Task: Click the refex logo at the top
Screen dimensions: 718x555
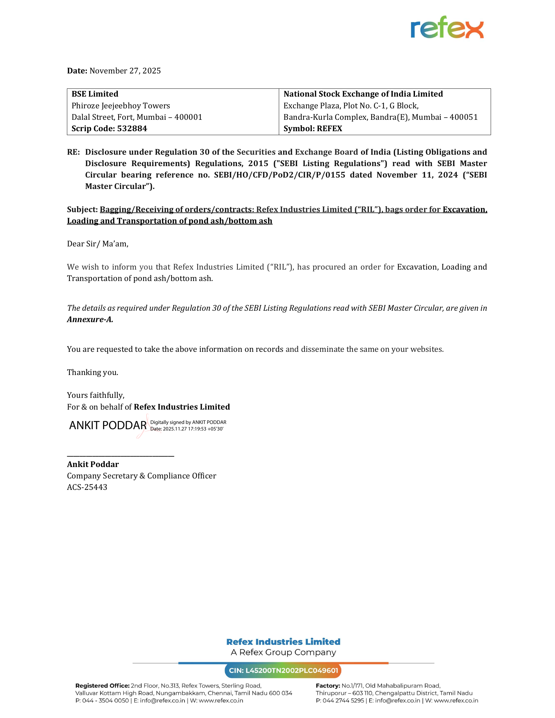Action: click(x=447, y=28)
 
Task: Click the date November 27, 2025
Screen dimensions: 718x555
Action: click(x=125, y=71)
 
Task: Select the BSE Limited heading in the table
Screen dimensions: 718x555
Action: click(x=95, y=94)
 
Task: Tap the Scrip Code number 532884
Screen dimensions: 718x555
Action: click(x=132, y=129)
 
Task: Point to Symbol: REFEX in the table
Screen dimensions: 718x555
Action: click(x=313, y=129)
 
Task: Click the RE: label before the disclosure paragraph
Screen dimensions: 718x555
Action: click(x=73, y=152)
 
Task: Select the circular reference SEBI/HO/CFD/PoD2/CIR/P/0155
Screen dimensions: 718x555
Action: click(x=279, y=175)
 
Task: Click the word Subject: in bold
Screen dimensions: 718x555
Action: click(x=82, y=210)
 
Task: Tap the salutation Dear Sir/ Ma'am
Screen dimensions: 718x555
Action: click(x=98, y=244)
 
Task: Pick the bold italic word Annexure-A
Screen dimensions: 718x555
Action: click(x=90, y=320)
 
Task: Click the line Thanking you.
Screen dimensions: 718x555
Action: click(x=93, y=372)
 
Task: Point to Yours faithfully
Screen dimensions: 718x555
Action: click(x=96, y=395)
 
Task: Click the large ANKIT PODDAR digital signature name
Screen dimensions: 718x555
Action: click(x=108, y=425)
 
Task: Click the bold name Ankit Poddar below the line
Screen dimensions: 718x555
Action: click(x=93, y=464)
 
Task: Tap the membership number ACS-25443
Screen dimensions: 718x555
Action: click(x=87, y=487)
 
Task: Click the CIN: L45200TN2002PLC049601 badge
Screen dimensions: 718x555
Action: click(x=283, y=671)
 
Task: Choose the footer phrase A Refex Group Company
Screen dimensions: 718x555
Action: click(x=283, y=653)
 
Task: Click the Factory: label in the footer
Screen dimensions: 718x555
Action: click(x=327, y=686)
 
